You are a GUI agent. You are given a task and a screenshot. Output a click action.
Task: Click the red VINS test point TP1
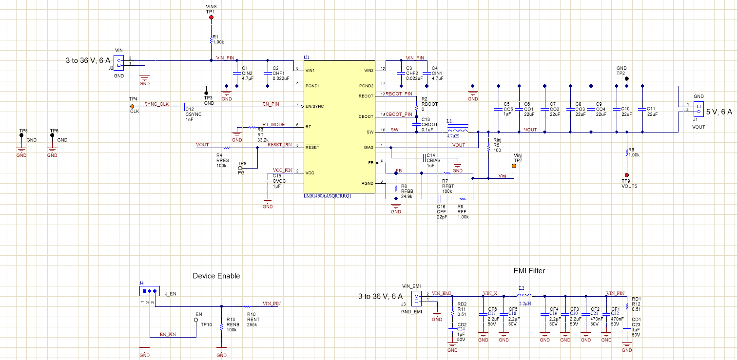(x=211, y=18)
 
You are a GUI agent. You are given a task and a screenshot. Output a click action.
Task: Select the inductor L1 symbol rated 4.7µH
(x=458, y=131)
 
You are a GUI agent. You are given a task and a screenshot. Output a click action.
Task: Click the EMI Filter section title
(x=529, y=271)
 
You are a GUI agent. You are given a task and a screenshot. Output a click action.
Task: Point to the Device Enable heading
(x=216, y=276)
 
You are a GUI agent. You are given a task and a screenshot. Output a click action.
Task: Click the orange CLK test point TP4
(x=132, y=106)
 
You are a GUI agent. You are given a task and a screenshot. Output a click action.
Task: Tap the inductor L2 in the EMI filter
(x=525, y=295)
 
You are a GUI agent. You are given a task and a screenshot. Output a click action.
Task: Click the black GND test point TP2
(x=627, y=78)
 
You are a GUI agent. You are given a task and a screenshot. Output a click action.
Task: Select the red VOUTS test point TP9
(x=627, y=175)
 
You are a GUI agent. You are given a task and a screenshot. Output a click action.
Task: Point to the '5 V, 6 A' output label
(x=719, y=112)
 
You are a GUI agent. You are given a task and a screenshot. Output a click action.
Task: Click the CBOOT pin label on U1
(x=367, y=116)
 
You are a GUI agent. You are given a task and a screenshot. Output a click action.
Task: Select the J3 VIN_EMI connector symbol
(x=417, y=297)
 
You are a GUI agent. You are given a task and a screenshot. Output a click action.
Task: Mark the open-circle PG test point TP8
(x=240, y=168)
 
